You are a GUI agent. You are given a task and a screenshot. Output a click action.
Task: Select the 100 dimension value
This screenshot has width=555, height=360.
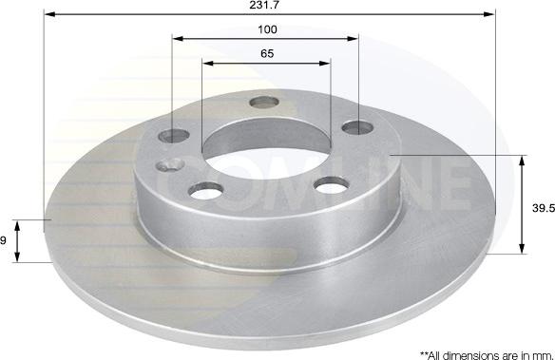coord(267,29)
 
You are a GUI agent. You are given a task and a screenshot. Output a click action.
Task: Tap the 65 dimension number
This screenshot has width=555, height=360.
coord(267,53)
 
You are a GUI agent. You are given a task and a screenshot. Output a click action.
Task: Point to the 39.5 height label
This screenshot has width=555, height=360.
coord(544,208)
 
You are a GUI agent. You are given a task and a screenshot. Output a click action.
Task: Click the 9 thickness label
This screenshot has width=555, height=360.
coord(3,241)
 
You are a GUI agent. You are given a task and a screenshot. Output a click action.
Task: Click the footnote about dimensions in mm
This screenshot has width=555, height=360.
coord(487,355)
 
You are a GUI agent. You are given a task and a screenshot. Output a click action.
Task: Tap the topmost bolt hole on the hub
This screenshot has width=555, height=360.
coord(264,103)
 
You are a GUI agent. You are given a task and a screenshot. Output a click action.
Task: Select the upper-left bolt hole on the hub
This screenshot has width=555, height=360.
coord(174,136)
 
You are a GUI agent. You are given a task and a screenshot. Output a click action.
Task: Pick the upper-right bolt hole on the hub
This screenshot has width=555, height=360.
coord(358,127)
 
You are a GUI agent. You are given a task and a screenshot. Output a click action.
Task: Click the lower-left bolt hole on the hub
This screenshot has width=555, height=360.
coord(205,191)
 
